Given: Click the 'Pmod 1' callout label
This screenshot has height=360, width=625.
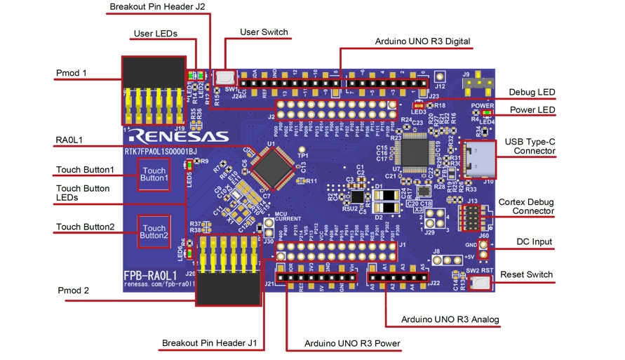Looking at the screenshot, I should [71, 73].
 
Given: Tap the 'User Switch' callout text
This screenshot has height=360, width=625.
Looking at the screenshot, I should [264, 32].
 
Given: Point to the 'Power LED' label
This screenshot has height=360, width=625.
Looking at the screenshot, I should [532, 110].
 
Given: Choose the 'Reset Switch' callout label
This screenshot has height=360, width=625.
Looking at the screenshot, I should [529, 274].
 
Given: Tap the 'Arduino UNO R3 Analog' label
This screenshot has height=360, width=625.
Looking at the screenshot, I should [450, 320].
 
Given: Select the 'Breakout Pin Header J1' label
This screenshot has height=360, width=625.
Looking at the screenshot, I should [207, 343].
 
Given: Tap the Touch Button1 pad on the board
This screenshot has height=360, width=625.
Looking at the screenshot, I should [154, 174].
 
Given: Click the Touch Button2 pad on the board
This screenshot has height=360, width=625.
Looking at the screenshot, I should [154, 232].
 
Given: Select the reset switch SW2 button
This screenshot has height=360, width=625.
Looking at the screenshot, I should [480, 283].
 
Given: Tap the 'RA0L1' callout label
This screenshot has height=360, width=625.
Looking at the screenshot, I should [69, 140].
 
